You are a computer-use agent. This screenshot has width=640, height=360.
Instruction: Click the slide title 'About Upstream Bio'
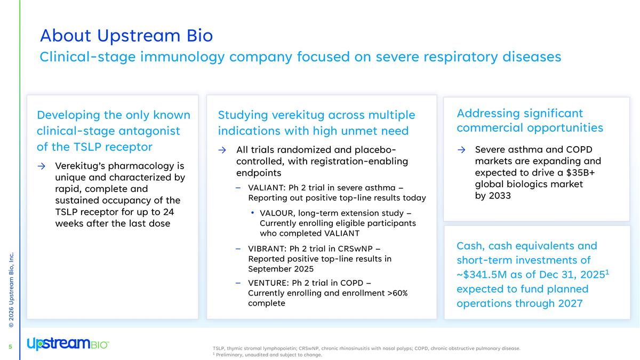coord(126,36)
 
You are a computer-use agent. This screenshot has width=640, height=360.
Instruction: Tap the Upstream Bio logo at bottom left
coord(68,344)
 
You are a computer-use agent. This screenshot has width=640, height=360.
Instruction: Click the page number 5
coord(10,347)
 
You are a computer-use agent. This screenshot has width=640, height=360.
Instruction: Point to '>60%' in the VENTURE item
coord(397,293)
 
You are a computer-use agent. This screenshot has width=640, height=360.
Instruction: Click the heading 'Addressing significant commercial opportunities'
coord(530,121)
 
